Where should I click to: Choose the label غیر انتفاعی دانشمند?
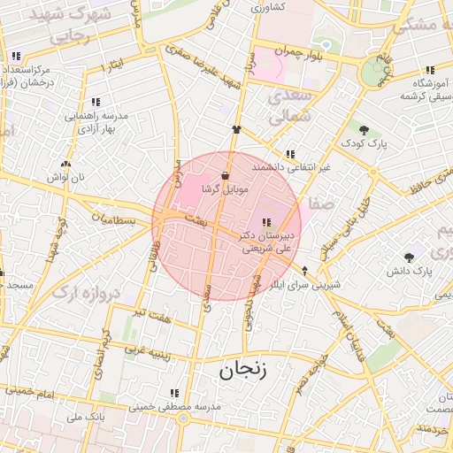pos(290,166)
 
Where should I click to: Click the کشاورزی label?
pos(266,8)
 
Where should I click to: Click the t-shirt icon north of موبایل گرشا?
pos(236,129)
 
